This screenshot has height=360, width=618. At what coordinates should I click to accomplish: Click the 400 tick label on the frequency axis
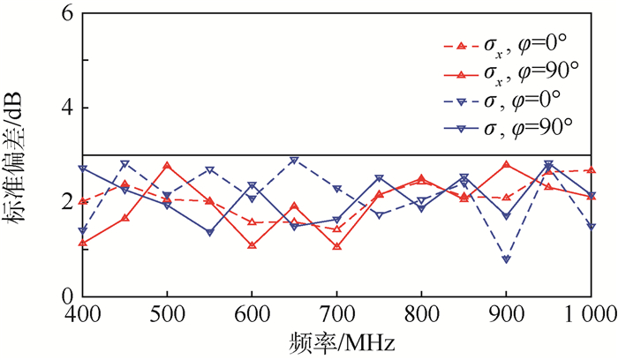coord(82,314)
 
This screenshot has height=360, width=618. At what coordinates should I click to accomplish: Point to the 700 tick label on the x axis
coord(336,314)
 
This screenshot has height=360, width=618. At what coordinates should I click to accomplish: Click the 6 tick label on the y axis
coord(67,15)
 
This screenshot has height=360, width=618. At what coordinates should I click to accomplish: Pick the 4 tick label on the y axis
coord(67,109)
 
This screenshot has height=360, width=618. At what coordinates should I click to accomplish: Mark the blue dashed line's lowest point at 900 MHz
coord(506,259)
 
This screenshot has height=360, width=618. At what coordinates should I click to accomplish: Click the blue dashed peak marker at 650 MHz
coord(294,161)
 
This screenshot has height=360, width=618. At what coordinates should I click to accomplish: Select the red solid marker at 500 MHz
coord(167,166)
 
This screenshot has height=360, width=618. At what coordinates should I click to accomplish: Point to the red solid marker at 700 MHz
coord(336,246)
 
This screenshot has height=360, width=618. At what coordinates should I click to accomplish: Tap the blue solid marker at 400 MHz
coord(82,168)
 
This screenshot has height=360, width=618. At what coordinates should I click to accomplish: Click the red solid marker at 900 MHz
coord(506,164)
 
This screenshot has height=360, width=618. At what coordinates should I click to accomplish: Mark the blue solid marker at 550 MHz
coord(209,232)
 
